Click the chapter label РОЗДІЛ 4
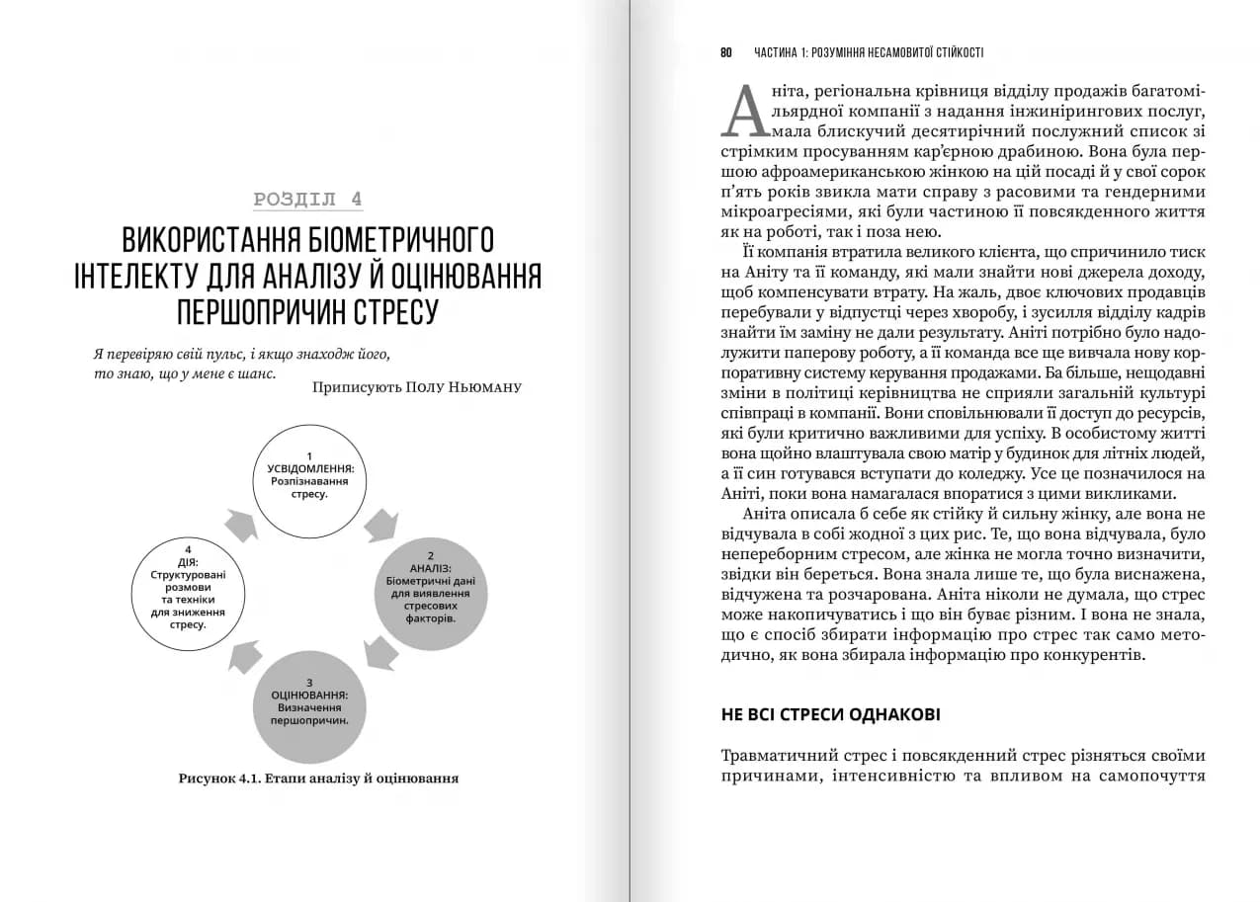(307, 199)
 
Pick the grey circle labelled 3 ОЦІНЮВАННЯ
(309, 707)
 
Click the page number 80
(726, 52)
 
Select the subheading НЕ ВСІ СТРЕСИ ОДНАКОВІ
(830, 714)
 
